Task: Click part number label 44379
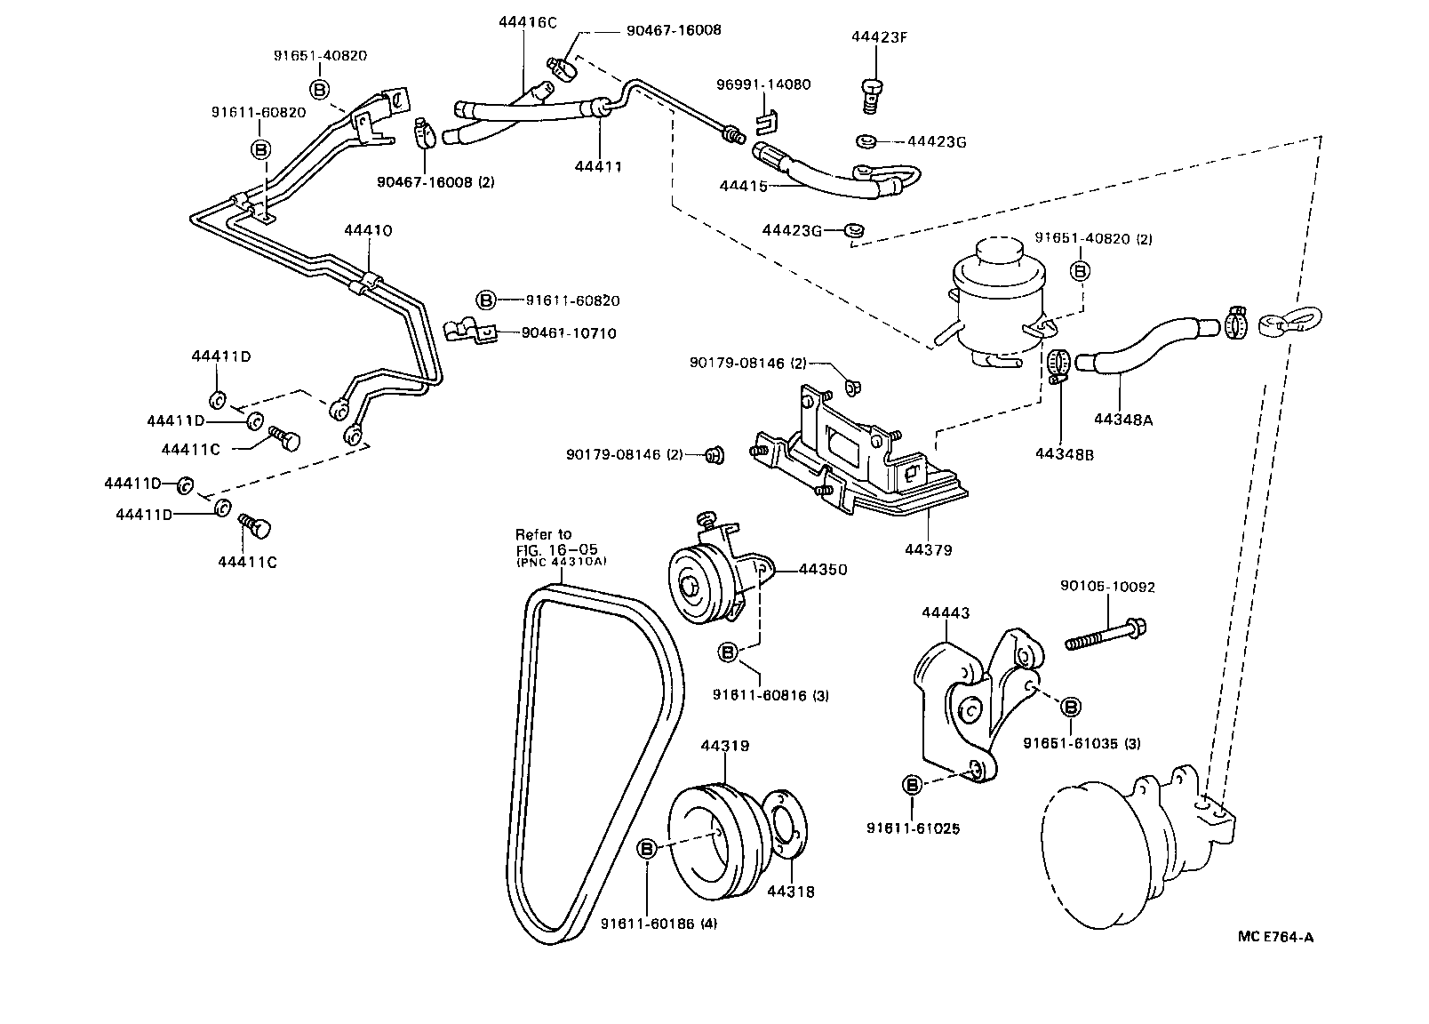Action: point(929,550)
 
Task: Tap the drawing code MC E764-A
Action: point(1276,936)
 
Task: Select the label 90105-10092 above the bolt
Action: point(1107,587)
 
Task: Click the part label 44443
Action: point(946,612)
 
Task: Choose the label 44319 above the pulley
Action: point(724,746)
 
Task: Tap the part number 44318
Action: point(790,891)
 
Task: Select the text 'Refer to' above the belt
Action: point(544,534)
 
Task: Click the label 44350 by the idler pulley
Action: point(822,569)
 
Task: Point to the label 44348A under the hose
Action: point(1123,420)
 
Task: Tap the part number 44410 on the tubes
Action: point(368,230)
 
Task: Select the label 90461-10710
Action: point(569,333)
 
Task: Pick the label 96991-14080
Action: point(763,84)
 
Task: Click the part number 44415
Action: point(743,186)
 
